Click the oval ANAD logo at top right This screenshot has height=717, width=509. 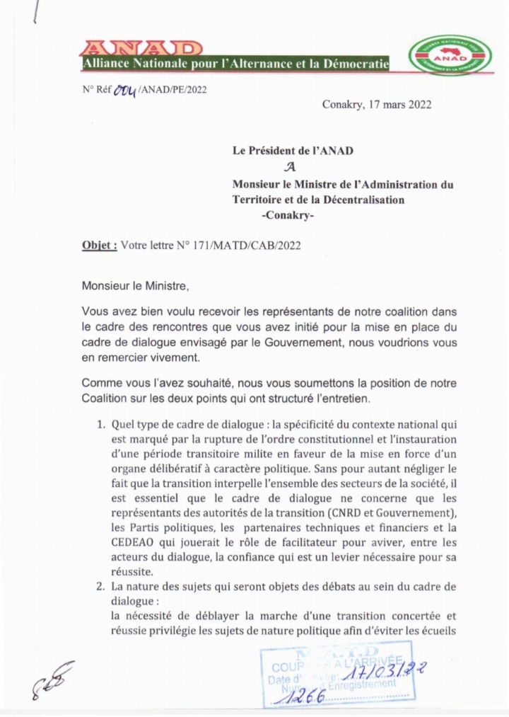[450, 55]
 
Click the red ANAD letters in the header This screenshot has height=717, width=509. [141, 49]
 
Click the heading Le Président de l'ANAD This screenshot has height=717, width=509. [293, 151]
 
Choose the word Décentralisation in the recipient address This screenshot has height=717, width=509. [358, 200]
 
